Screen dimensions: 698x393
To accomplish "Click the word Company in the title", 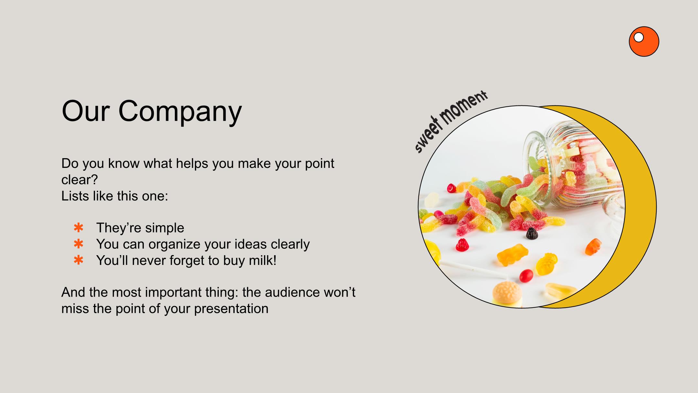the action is pyautogui.click(x=180, y=112).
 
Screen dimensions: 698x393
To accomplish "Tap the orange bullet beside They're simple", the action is pyautogui.click(x=79, y=228).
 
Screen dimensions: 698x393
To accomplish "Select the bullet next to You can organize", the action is pyautogui.click(x=79, y=244).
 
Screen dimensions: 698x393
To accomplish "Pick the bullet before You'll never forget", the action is pyautogui.click(x=79, y=260).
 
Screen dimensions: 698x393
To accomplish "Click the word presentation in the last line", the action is pyautogui.click(x=231, y=309).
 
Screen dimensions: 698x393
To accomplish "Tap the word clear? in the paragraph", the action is pyautogui.click(x=79, y=180).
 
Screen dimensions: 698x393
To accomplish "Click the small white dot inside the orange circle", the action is pyautogui.click(x=639, y=38).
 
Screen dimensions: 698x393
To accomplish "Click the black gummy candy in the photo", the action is pyautogui.click(x=532, y=233).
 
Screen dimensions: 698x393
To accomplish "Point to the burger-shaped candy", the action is pyautogui.click(x=507, y=294).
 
